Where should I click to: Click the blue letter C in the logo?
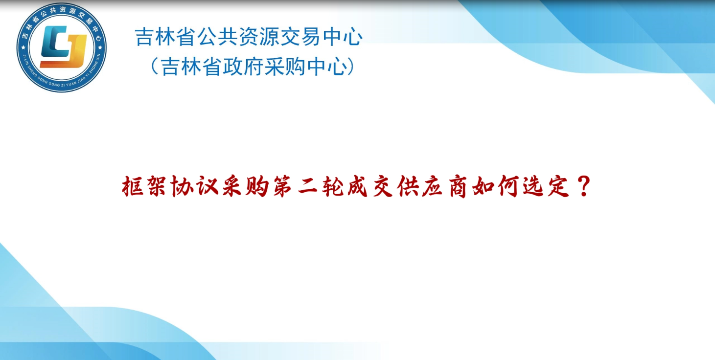pyautogui.click(x=54, y=42)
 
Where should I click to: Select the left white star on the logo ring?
pyautogui.click(x=23, y=48)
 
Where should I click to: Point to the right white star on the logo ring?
pyautogui.click(x=100, y=48)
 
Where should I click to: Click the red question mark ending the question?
pyautogui.click(x=584, y=186)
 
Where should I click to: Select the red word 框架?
pyautogui.click(x=144, y=186)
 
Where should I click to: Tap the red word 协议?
pyautogui.click(x=194, y=186)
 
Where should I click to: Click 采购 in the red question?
pyautogui.click(x=246, y=186)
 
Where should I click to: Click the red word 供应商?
pyautogui.click(x=432, y=186)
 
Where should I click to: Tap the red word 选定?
pyautogui.click(x=546, y=186)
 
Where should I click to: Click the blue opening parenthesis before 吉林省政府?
pyautogui.click(x=155, y=67)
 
